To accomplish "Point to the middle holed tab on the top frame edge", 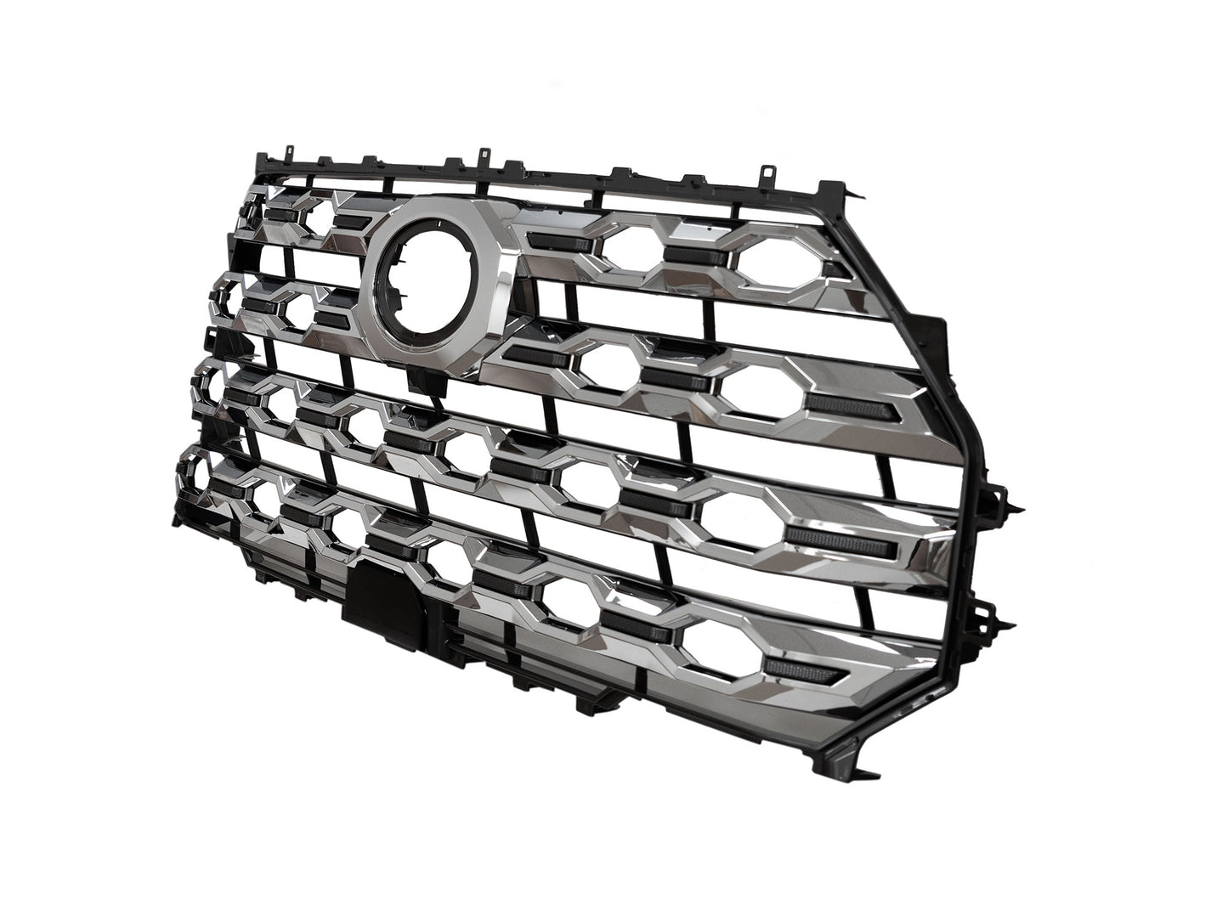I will tap(484, 158).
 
